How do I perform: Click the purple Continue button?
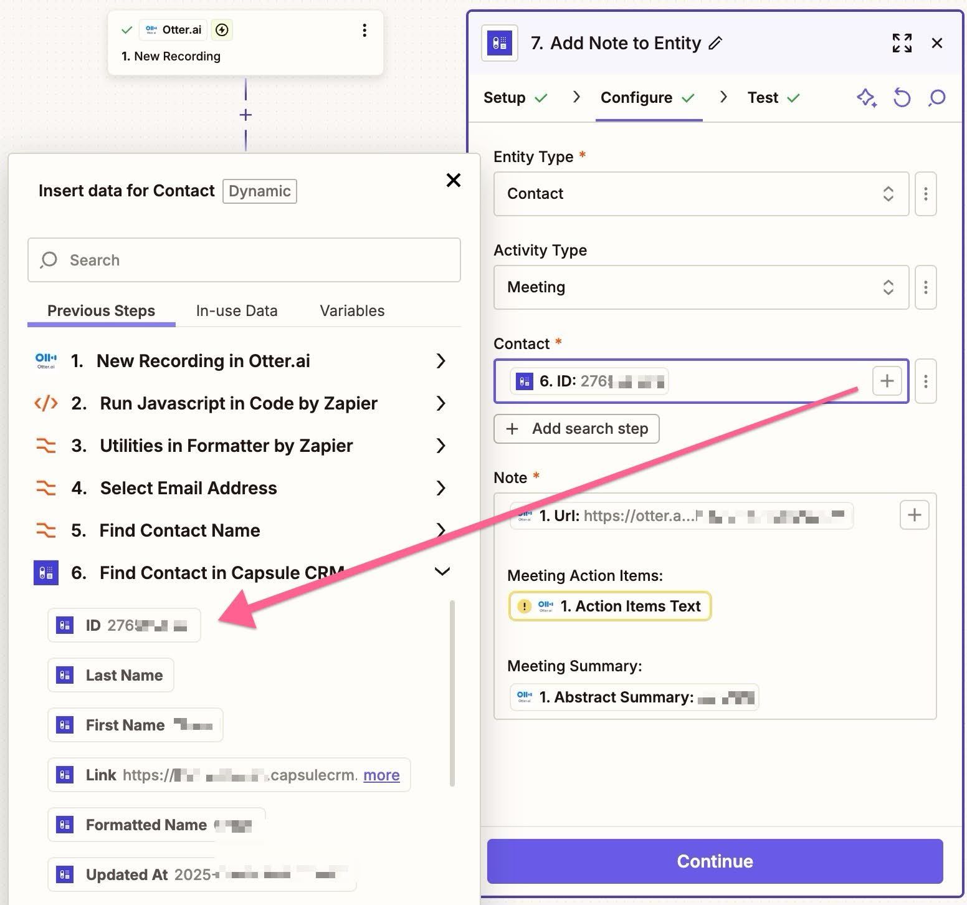point(715,861)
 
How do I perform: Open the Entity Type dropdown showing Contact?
point(700,194)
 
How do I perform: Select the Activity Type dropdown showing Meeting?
point(700,287)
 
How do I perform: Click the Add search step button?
point(576,429)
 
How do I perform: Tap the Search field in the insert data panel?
point(244,260)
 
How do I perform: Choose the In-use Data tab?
point(237,310)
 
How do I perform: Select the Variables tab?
point(352,310)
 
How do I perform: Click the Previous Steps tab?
point(101,310)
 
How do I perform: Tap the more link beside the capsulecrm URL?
point(381,775)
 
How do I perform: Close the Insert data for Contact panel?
point(454,180)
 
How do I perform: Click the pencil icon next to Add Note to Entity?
point(716,43)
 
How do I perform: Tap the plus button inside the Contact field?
point(887,380)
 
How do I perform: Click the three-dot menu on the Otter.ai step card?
point(364,30)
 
